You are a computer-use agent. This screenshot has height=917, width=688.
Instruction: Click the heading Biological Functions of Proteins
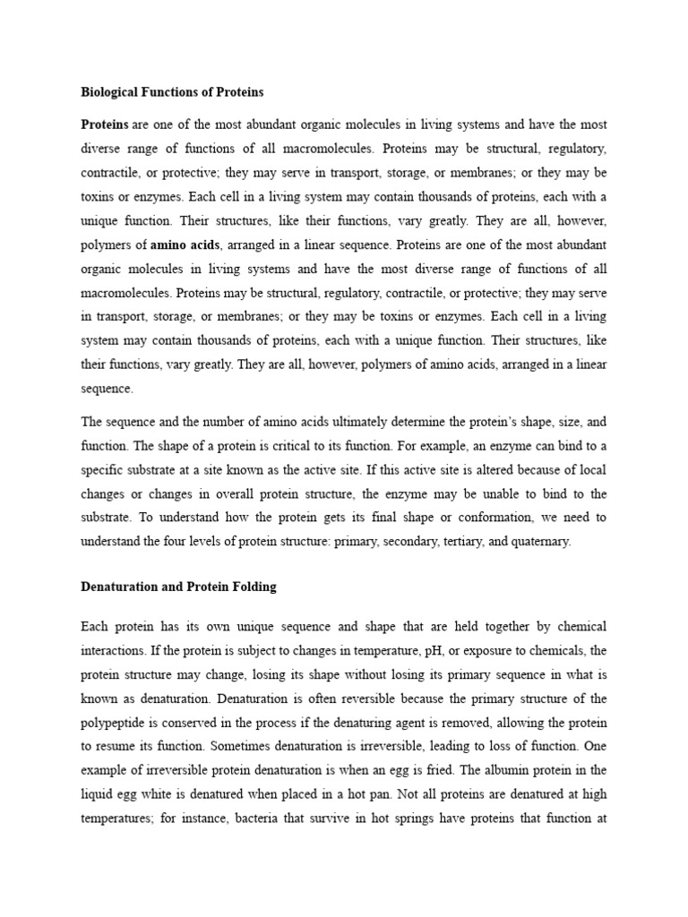[x=172, y=91]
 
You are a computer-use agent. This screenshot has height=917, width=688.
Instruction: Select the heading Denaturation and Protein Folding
[x=178, y=587]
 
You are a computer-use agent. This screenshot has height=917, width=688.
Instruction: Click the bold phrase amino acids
[x=185, y=244]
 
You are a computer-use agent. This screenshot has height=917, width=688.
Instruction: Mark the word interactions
[x=115, y=648]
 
